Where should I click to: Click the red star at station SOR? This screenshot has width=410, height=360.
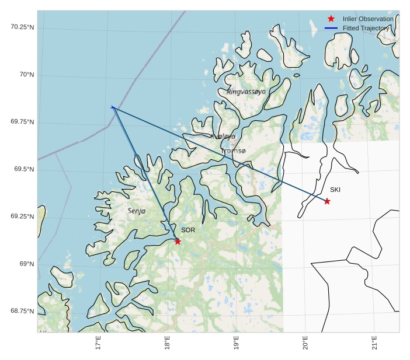(178, 241)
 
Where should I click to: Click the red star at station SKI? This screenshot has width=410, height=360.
(327, 201)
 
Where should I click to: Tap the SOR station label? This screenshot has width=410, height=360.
(188, 230)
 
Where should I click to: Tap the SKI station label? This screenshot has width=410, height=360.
(335, 190)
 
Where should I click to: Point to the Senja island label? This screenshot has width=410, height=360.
(137, 211)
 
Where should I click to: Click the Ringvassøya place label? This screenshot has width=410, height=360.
(246, 92)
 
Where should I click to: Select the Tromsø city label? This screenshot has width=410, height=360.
(234, 151)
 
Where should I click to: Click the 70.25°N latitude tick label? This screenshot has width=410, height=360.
(22, 27)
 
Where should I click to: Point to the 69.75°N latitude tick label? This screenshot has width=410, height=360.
(22, 122)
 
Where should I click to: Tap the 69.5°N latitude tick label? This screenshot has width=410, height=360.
(24, 169)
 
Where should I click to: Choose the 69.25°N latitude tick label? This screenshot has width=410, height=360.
(22, 216)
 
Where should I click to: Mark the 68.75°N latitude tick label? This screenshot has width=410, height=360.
(22, 311)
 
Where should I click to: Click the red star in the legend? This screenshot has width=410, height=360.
(331, 19)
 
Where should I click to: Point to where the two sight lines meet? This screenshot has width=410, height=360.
(112, 107)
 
